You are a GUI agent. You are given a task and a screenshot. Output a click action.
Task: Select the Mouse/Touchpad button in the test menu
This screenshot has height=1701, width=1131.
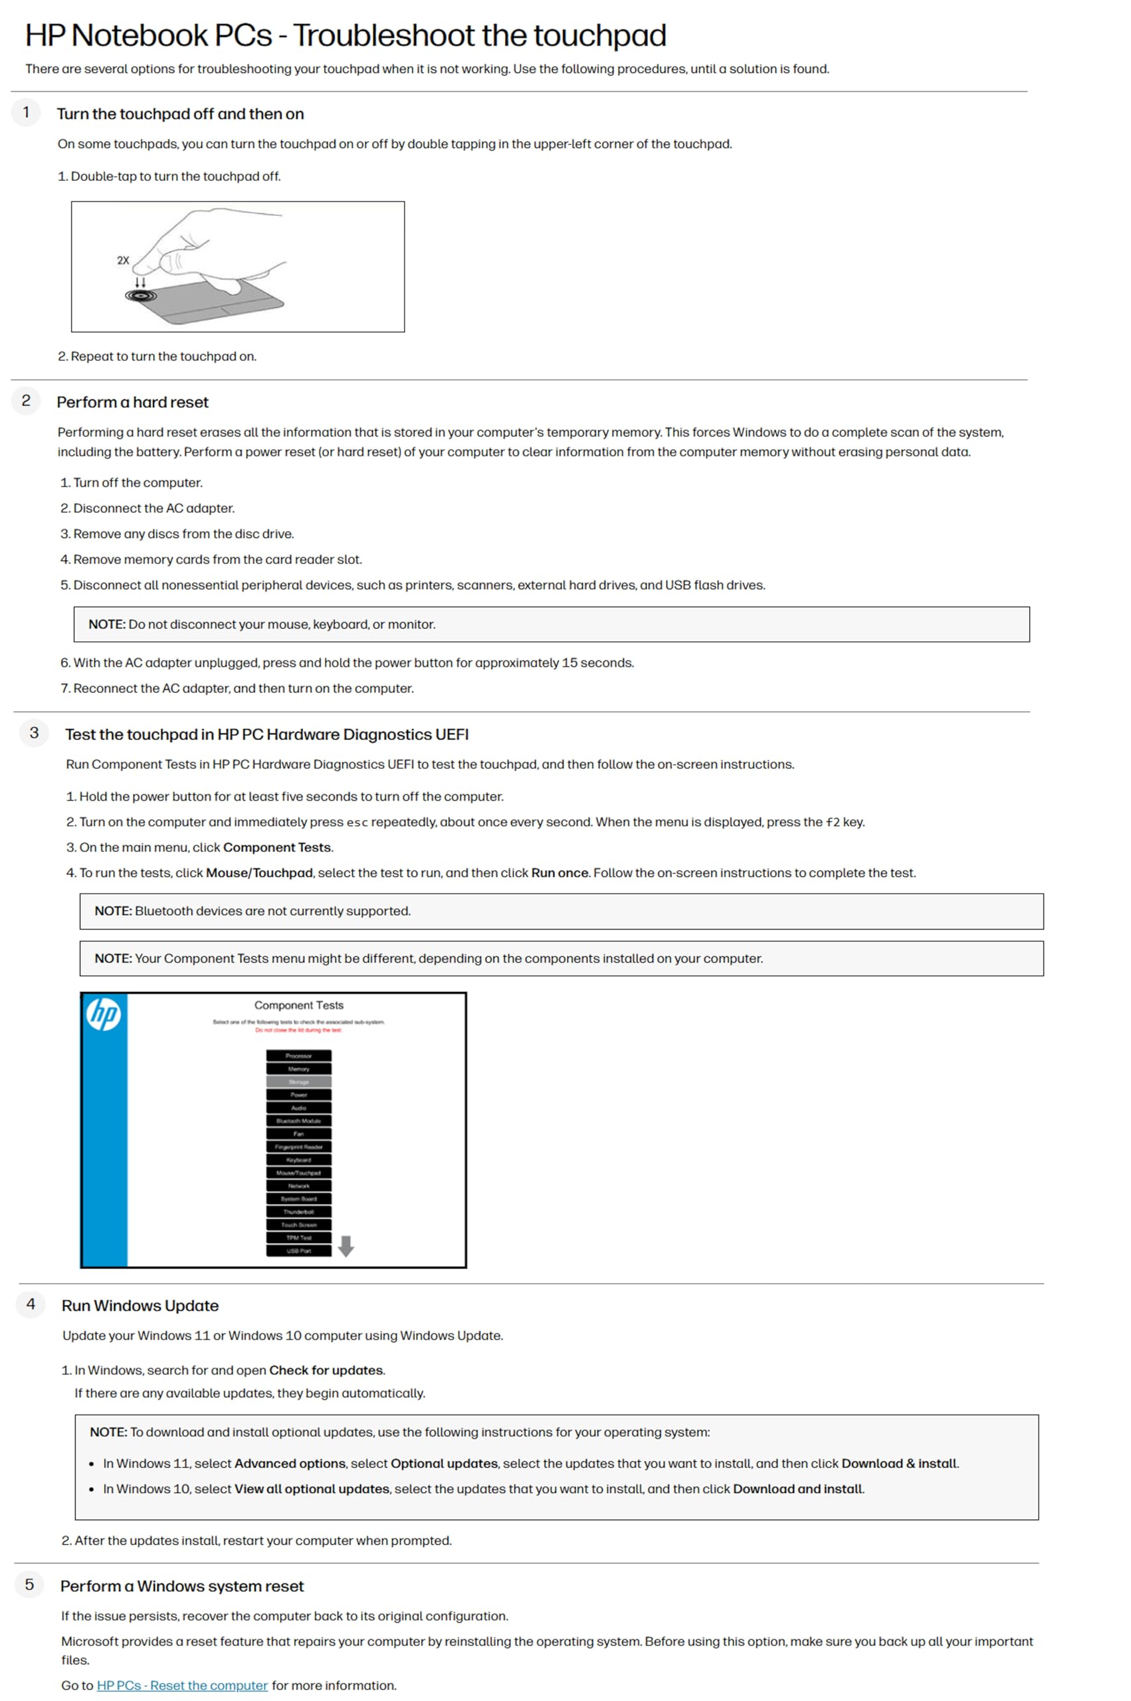click(x=298, y=1173)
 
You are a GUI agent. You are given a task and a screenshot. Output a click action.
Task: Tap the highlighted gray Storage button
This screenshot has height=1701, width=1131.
click(x=298, y=1082)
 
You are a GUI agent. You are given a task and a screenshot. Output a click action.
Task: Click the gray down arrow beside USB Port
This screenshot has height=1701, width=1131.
click(x=346, y=1245)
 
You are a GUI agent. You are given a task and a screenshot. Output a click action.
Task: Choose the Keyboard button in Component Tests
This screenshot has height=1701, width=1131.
click(x=298, y=1159)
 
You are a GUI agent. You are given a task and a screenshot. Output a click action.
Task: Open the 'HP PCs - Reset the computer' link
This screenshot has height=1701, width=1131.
click(x=182, y=1685)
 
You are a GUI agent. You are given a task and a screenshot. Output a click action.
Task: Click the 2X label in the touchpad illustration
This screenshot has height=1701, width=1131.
click(x=124, y=260)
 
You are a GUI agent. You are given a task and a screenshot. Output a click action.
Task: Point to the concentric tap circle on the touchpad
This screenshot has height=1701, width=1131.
click(x=141, y=296)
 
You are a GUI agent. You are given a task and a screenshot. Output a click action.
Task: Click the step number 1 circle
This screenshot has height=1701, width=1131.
click(x=27, y=112)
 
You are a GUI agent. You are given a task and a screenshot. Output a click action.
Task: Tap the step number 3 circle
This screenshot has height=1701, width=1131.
click(x=34, y=733)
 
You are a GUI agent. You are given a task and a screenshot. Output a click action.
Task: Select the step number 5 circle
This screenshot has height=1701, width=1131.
click(x=30, y=1584)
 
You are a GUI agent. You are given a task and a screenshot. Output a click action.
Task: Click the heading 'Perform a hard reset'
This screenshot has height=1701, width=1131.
click(x=133, y=403)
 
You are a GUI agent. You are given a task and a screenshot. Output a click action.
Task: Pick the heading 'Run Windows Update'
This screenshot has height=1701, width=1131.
click(x=140, y=1305)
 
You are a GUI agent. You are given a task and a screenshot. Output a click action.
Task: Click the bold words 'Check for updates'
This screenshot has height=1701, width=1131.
click(x=326, y=1370)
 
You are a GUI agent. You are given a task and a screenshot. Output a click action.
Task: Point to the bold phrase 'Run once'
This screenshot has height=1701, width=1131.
click(x=560, y=872)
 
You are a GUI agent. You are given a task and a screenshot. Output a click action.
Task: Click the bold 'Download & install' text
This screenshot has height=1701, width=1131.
click(x=900, y=1463)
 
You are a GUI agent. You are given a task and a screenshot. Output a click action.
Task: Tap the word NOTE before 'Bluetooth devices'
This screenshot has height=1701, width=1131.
click(x=112, y=911)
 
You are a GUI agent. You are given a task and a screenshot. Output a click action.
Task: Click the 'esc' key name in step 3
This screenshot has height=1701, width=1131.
click(x=357, y=822)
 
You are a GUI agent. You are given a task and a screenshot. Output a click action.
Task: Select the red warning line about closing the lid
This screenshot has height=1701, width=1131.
click(x=298, y=1030)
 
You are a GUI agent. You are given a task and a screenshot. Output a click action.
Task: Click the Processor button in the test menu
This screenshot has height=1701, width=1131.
click(x=298, y=1056)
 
